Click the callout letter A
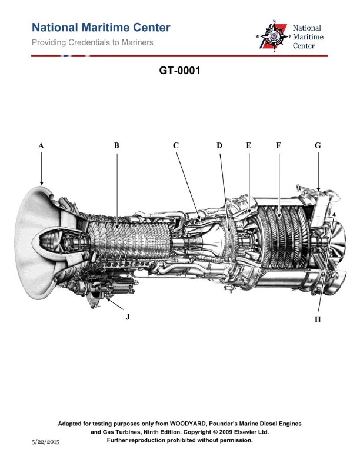(x=41, y=145)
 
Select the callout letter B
(x=116, y=145)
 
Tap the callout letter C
(x=175, y=145)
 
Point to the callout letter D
(x=219, y=145)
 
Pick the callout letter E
(x=248, y=145)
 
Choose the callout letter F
(x=278, y=145)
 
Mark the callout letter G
(x=318, y=145)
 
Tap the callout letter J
(x=127, y=317)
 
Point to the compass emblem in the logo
(x=272, y=36)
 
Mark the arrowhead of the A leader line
(x=42, y=184)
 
